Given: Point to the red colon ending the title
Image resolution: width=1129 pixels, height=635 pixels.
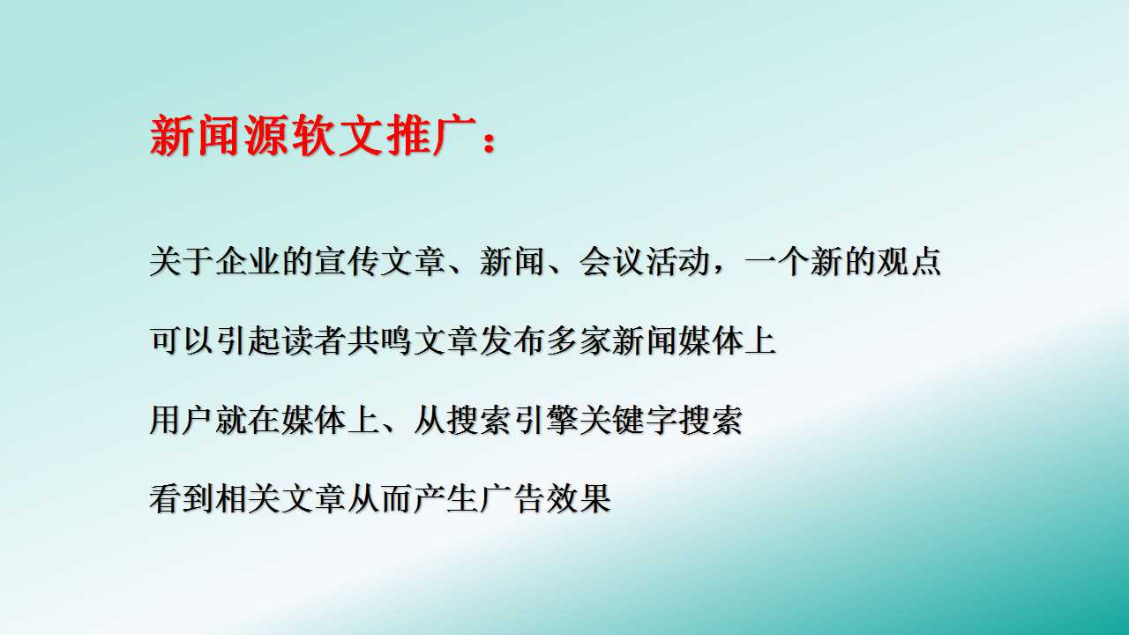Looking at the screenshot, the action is tap(489, 138).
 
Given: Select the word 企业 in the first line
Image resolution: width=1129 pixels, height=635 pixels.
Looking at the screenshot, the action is tap(248, 262).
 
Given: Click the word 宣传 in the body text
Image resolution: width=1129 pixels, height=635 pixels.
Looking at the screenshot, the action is tap(347, 262).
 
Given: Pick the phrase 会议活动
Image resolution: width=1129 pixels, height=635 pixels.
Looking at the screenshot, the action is tap(644, 262).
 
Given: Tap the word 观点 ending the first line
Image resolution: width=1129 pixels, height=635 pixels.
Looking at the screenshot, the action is tap(908, 262).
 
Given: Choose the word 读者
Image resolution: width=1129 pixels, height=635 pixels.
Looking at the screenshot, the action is tap(314, 340).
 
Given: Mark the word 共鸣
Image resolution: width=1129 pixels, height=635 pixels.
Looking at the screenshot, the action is tap(380, 340).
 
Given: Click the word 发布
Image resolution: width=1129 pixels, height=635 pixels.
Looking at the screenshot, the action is tap(512, 340).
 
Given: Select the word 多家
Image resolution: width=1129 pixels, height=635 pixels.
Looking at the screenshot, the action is tap(578, 340).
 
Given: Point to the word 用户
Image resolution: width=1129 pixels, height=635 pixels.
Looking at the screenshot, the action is tap(182, 420).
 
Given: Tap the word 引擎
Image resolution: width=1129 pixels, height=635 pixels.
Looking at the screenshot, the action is tap(545, 420).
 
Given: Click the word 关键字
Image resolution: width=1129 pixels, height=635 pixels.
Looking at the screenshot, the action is tap(628, 420).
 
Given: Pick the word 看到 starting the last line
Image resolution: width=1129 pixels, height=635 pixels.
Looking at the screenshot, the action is tap(182, 499).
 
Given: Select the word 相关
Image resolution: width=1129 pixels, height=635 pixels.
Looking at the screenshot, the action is tap(248, 499).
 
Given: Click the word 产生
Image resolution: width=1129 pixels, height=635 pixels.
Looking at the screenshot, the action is tap(446, 499).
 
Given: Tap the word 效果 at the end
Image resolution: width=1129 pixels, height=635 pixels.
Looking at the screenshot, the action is tap(578, 499).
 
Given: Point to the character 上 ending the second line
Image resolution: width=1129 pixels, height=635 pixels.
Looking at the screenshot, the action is tap(760, 340).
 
